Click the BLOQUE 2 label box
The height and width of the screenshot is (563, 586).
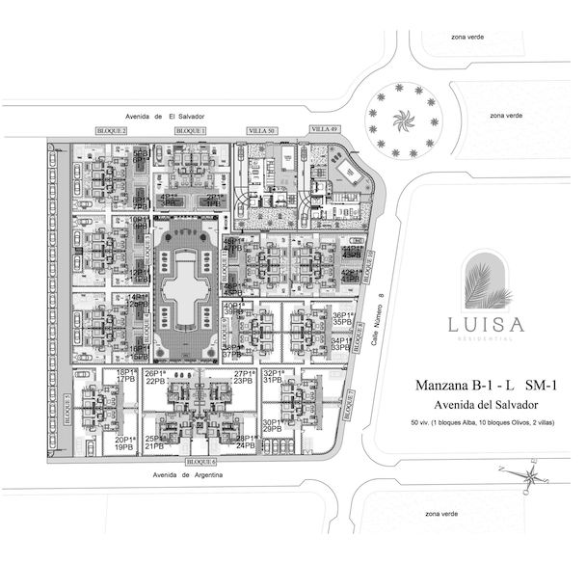tap(112, 129)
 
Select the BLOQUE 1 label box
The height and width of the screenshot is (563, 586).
tap(190, 129)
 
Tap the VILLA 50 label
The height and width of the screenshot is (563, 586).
tap(262, 129)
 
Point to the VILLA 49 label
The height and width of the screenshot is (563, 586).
tap(325, 129)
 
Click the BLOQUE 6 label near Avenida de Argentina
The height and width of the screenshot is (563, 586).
tap(202, 462)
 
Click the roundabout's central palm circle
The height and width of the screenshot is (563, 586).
tap(398, 121)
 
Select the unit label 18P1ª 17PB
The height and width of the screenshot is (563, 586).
tap(125, 376)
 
